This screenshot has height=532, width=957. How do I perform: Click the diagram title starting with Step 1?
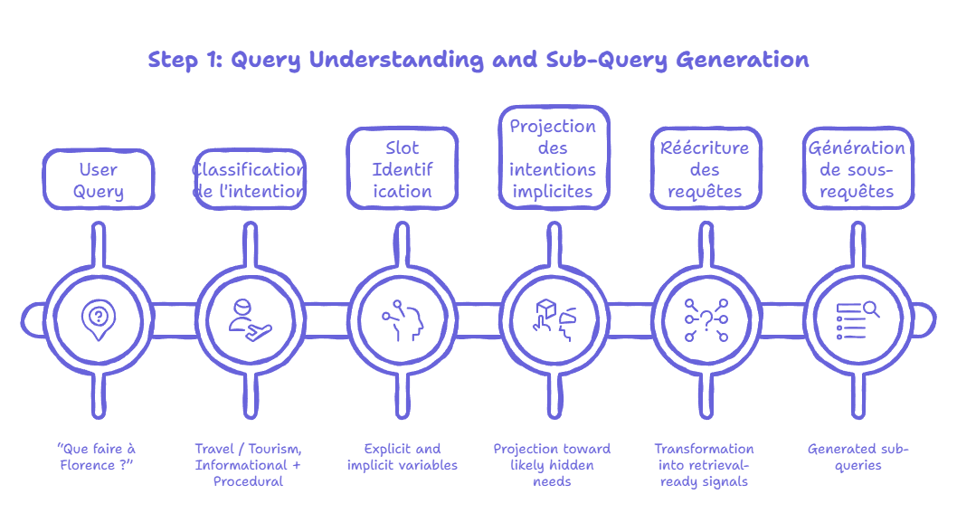pyautogui.click(x=478, y=61)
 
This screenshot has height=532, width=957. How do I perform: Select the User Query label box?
pyautogui.click(x=99, y=180)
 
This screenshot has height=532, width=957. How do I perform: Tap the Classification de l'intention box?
pyautogui.click(x=251, y=180)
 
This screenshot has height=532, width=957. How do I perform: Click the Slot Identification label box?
pyautogui.click(x=403, y=169)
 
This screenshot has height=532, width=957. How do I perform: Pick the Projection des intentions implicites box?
pyautogui.click(x=553, y=158)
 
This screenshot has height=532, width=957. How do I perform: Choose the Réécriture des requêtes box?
pyautogui.click(x=705, y=169)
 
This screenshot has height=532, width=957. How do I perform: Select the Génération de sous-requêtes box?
pyautogui.click(x=857, y=169)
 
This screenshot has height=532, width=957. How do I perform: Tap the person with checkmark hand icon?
pyautogui.click(x=249, y=318)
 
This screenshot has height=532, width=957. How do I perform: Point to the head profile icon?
pyautogui.click(x=403, y=318)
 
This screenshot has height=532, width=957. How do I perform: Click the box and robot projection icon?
pyautogui.click(x=553, y=318)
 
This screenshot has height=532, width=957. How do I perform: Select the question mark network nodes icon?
pyautogui.click(x=705, y=319)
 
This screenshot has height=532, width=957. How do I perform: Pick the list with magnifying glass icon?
pyautogui.click(x=857, y=319)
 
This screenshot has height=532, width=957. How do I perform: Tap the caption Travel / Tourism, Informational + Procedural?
pyautogui.click(x=249, y=464)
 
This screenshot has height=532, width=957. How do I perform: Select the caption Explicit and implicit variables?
pyautogui.click(x=403, y=456)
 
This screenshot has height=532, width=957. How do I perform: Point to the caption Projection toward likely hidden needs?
pyautogui.click(x=552, y=464)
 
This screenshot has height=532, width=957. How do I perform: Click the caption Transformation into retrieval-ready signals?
pyautogui.click(x=704, y=464)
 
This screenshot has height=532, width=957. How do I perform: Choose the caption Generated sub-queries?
pyautogui.click(x=858, y=456)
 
